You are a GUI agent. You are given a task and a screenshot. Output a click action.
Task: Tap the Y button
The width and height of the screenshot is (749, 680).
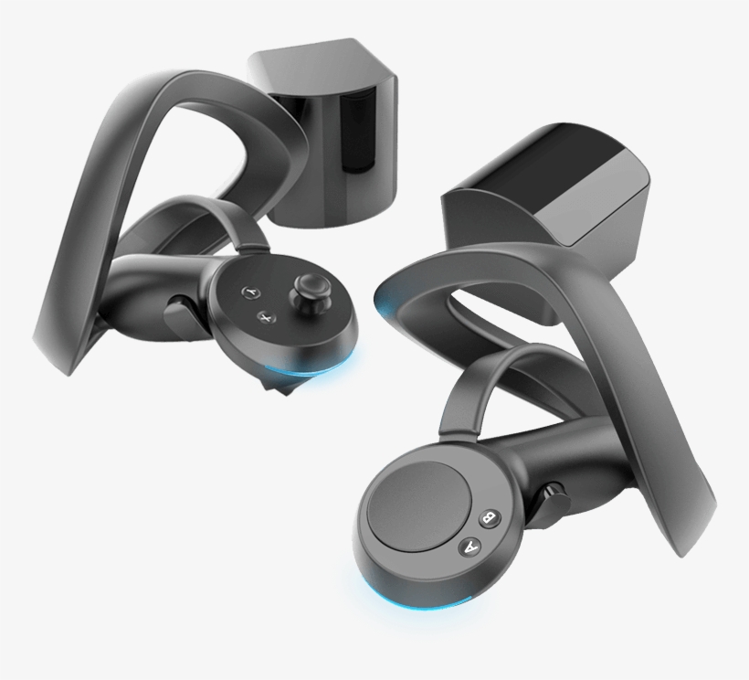[249, 292]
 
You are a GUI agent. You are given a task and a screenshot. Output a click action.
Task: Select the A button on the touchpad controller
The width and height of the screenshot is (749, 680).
[471, 547]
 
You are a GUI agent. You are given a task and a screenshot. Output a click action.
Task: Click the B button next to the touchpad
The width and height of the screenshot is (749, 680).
[490, 519]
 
